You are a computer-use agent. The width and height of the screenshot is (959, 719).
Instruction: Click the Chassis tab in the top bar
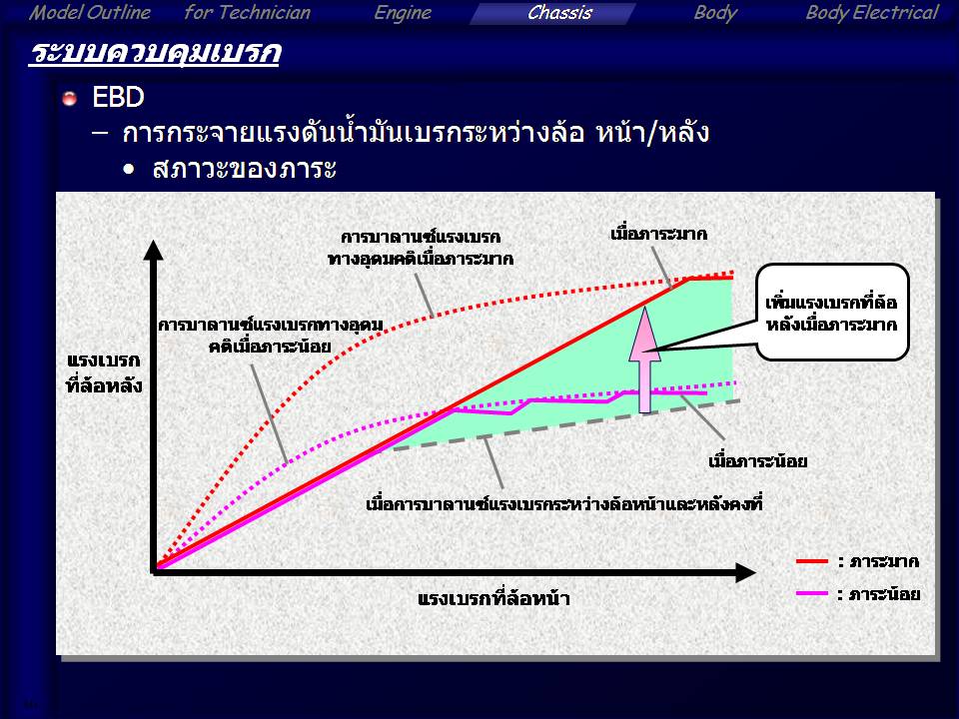pos(559,13)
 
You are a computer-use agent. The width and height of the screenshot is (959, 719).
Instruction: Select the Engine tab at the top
pos(403,13)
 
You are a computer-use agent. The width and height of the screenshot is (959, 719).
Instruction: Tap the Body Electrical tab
pos(871,13)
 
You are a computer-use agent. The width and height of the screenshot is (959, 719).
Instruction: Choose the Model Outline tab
pos(89,13)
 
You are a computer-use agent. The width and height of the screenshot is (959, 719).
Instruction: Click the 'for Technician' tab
pos(247,13)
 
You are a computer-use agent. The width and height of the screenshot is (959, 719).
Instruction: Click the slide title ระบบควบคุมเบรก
pos(155,53)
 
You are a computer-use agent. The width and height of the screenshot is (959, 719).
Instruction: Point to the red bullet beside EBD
pos(70,98)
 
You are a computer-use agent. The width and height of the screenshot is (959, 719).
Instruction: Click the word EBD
pos(118,97)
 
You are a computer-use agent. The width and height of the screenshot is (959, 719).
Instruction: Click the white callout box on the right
pos(832,312)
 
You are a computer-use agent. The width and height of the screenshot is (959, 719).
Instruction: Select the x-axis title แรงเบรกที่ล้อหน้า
pos(493,598)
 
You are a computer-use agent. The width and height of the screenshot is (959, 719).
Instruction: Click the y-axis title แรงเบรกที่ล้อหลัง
pos(104,372)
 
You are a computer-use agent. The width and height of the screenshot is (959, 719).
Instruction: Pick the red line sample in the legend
pos(811,560)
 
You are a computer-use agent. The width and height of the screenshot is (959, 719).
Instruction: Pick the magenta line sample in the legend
pos(811,593)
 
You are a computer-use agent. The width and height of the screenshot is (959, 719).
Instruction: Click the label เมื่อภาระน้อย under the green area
pos(758,460)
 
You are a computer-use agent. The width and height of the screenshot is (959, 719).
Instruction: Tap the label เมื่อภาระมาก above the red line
pos(658,234)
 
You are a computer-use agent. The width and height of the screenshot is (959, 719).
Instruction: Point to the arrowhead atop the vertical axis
pos(153,250)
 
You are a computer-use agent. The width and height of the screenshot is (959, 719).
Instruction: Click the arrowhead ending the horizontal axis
pos(745,573)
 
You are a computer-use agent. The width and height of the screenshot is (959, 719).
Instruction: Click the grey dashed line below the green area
pos(566,425)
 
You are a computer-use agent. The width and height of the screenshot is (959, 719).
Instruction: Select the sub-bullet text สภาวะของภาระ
pos(244,168)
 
